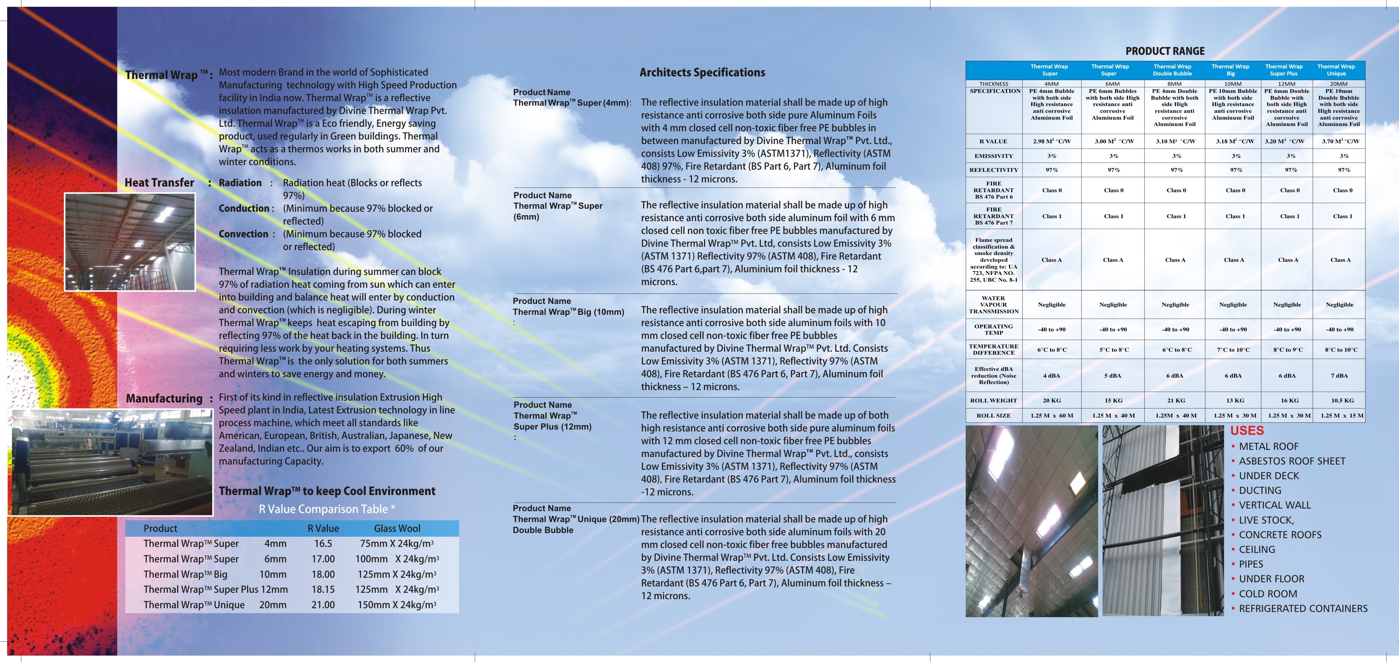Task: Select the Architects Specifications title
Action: coord(702,72)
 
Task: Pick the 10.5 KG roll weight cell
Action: coord(1342,400)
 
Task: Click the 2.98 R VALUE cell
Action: coord(1052,141)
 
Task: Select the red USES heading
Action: coord(1247,431)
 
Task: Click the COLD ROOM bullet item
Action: coord(1268,594)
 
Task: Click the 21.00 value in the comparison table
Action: coord(323,604)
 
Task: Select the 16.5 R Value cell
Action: coord(323,543)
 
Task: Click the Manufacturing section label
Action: coord(164,398)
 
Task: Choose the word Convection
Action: coord(243,234)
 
